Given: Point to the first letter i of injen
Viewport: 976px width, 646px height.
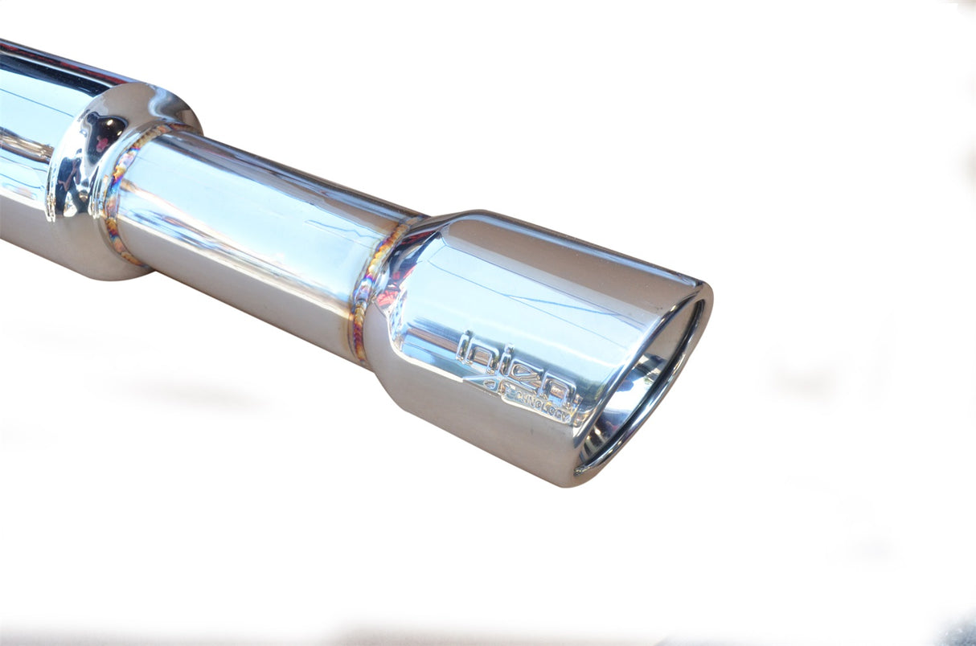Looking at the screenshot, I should [x=464, y=347].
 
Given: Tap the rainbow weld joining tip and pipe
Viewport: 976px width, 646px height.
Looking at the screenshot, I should [x=366, y=289].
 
